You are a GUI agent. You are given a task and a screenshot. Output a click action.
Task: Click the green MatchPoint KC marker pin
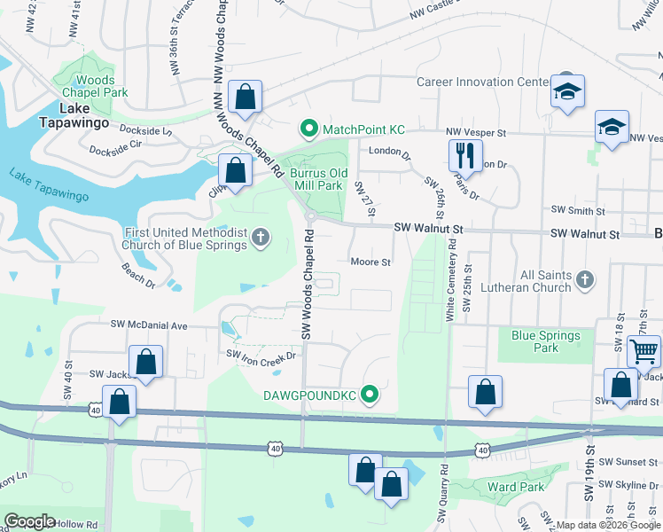[309, 129]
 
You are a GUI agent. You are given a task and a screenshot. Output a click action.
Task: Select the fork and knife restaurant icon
[464, 156]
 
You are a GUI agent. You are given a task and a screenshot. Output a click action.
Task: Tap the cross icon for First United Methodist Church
[260, 237]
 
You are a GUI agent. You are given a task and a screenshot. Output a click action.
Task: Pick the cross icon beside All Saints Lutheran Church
[584, 280]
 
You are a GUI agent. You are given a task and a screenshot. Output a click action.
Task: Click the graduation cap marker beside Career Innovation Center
[566, 91]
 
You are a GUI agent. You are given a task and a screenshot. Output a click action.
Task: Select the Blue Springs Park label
[546, 341]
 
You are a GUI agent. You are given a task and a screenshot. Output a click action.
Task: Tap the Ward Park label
[515, 487]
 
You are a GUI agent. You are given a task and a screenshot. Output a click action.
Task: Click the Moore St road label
[370, 262]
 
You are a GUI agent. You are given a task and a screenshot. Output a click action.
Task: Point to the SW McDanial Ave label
[149, 325]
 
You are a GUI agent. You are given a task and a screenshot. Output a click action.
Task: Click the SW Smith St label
[577, 211]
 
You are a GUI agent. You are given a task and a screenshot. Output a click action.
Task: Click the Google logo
[30, 521]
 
